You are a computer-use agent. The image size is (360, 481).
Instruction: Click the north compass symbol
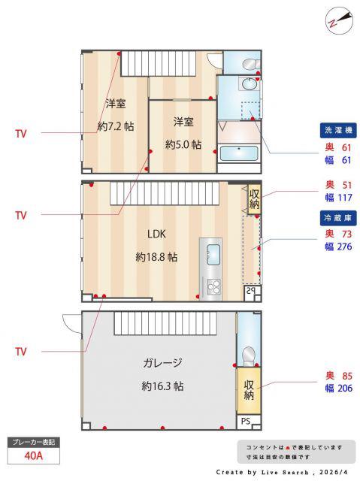click(338, 21)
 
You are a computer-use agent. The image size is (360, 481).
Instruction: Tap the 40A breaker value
click(33, 455)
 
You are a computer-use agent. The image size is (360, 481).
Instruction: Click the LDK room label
click(156, 234)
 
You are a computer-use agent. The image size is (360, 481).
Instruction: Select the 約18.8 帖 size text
click(156, 257)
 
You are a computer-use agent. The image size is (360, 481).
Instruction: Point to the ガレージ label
click(162, 363)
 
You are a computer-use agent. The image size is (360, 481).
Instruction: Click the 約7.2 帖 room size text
click(116, 126)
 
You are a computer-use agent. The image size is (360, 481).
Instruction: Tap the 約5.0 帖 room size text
click(183, 144)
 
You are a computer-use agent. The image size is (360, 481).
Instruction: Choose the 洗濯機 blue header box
click(338, 130)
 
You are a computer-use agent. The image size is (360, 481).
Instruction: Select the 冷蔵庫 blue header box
click(338, 218)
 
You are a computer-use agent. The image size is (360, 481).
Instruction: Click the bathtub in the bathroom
click(239, 153)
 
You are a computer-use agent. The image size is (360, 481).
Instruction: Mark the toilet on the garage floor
click(248, 356)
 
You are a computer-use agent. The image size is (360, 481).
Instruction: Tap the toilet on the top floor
click(250, 65)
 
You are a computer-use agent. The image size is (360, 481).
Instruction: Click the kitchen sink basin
click(213, 254)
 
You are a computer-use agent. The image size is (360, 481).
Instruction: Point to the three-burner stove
click(213, 287)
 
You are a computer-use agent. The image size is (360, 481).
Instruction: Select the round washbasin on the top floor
click(250, 83)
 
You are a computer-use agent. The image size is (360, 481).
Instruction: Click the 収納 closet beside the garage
click(249, 390)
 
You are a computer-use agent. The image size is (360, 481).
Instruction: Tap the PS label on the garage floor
click(245, 421)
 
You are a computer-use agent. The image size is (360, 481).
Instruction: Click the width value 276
click(345, 247)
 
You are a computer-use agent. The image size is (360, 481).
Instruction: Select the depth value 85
click(347, 376)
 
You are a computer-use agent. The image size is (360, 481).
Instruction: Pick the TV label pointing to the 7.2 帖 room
click(21, 134)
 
